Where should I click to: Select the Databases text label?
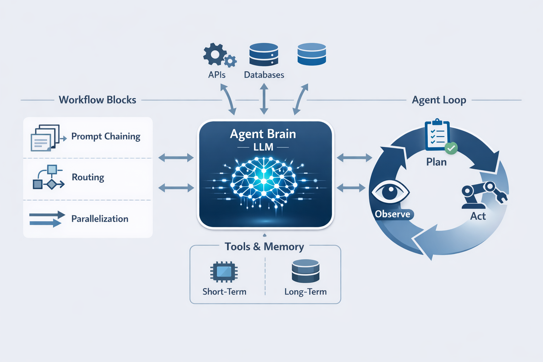tap(264, 75)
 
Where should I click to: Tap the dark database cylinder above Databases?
tap(264, 54)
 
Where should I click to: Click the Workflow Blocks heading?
tap(97, 100)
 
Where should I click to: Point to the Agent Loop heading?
tap(439, 100)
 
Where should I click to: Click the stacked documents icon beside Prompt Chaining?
tap(45, 138)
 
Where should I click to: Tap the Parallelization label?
tap(100, 219)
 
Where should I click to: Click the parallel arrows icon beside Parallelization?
tap(47, 219)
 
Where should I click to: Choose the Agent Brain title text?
tap(263, 134)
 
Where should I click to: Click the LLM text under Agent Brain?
tap(263, 147)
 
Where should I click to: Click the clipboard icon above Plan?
tap(438, 135)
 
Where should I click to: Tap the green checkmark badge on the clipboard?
tap(451, 148)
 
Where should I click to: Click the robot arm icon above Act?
tap(483, 195)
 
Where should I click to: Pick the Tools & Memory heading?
tap(264, 246)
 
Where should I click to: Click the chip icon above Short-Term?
tap(224, 272)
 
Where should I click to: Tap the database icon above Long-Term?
tap(305, 271)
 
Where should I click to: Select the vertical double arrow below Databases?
tap(264, 99)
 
